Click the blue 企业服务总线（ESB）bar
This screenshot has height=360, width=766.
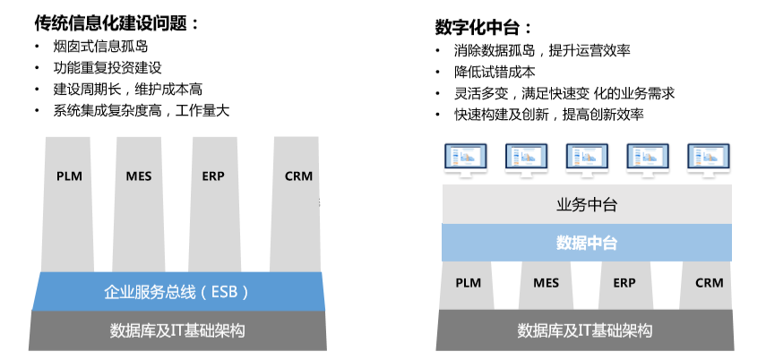coord(177,292)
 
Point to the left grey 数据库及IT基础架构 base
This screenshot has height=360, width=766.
coord(177,330)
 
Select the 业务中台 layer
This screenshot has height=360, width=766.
coord(587,205)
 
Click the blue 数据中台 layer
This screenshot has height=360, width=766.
coord(587,243)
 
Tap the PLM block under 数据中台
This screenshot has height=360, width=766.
coord(469,285)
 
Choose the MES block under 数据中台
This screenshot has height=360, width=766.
coord(547,285)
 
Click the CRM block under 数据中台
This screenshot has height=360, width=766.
coord(709,285)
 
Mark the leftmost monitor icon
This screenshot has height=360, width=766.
coord(466,159)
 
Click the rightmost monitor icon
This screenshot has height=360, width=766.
coord(709,159)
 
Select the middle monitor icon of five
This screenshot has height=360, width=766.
coord(587,159)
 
